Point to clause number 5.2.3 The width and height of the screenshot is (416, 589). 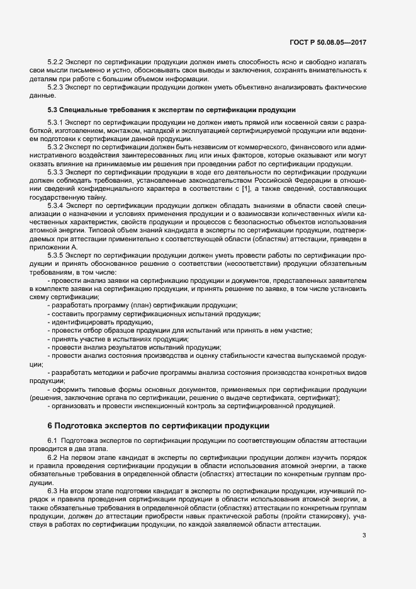click(x=57, y=88)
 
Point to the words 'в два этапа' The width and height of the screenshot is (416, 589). click(x=88, y=447)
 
